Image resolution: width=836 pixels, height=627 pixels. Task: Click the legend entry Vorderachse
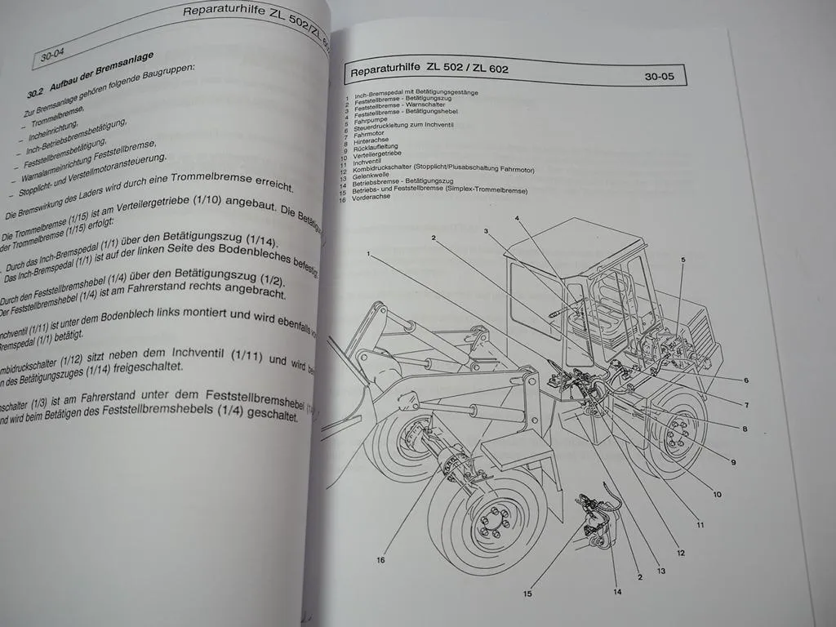(370, 200)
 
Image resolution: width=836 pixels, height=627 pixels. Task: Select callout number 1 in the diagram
(369, 254)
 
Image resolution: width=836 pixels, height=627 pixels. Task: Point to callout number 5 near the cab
(683, 260)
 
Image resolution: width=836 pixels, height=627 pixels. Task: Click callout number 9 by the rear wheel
(733, 463)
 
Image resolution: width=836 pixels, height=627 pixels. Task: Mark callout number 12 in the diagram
(680, 553)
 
